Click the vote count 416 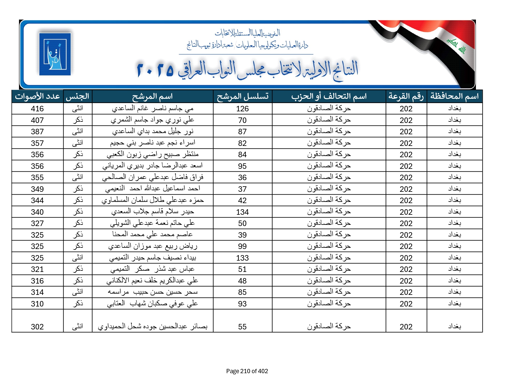click(x=37, y=109)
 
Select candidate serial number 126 click(x=242, y=109)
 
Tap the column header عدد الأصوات click(x=37, y=96)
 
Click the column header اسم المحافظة click(x=454, y=96)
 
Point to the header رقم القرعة click(x=406, y=96)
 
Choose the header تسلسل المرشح click(x=242, y=96)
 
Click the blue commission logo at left click(x=55, y=54)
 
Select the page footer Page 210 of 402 click(x=247, y=371)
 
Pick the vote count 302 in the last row click(x=37, y=327)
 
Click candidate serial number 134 click(x=242, y=212)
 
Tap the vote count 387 click(x=37, y=132)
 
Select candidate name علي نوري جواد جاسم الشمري click(x=152, y=120)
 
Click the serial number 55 click(x=242, y=327)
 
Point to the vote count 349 click(x=37, y=189)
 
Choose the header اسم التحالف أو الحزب click(x=329, y=96)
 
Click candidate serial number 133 click(x=242, y=258)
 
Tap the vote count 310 click(x=37, y=304)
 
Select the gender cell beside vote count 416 click(x=77, y=109)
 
